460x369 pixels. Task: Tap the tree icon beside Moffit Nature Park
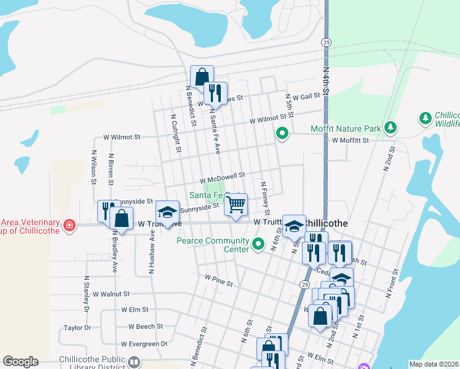point(389,127)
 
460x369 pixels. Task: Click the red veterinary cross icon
point(69,226)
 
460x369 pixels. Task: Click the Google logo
point(20,362)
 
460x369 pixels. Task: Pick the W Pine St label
point(219,284)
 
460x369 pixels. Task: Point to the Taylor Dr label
point(77,328)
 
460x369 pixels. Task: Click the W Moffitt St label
point(350,140)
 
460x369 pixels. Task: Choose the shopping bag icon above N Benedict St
point(202,77)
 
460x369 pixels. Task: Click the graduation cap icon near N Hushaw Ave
point(167,212)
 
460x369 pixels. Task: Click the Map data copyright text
point(434,364)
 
